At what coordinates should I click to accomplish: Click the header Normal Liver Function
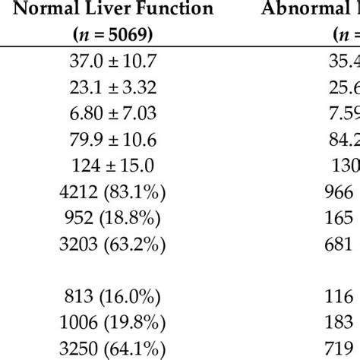132,10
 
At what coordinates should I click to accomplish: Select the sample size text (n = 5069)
132,35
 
